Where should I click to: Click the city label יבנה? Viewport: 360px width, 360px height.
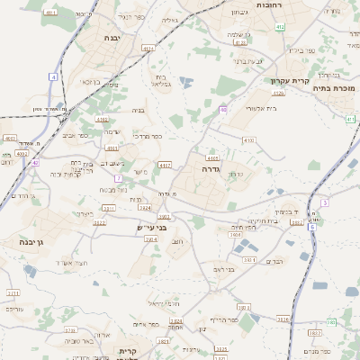[x=112, y=39]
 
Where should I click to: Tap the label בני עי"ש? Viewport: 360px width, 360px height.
[x=139, y=227]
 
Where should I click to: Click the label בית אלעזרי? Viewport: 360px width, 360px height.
[x=259, y=108]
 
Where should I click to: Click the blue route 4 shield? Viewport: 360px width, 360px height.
[x=53, y=78]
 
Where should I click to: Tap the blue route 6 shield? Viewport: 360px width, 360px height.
[x=312, y=227]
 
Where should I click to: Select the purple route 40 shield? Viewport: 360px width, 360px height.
[x=222, y=109]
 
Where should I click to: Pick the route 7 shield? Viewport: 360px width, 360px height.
[x=118, y=178]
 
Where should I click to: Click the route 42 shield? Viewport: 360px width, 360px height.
[x=35, y=163]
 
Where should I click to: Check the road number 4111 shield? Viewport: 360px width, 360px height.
[x=50, y=13]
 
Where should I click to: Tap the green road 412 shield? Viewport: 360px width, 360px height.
[x=280, y=27]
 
